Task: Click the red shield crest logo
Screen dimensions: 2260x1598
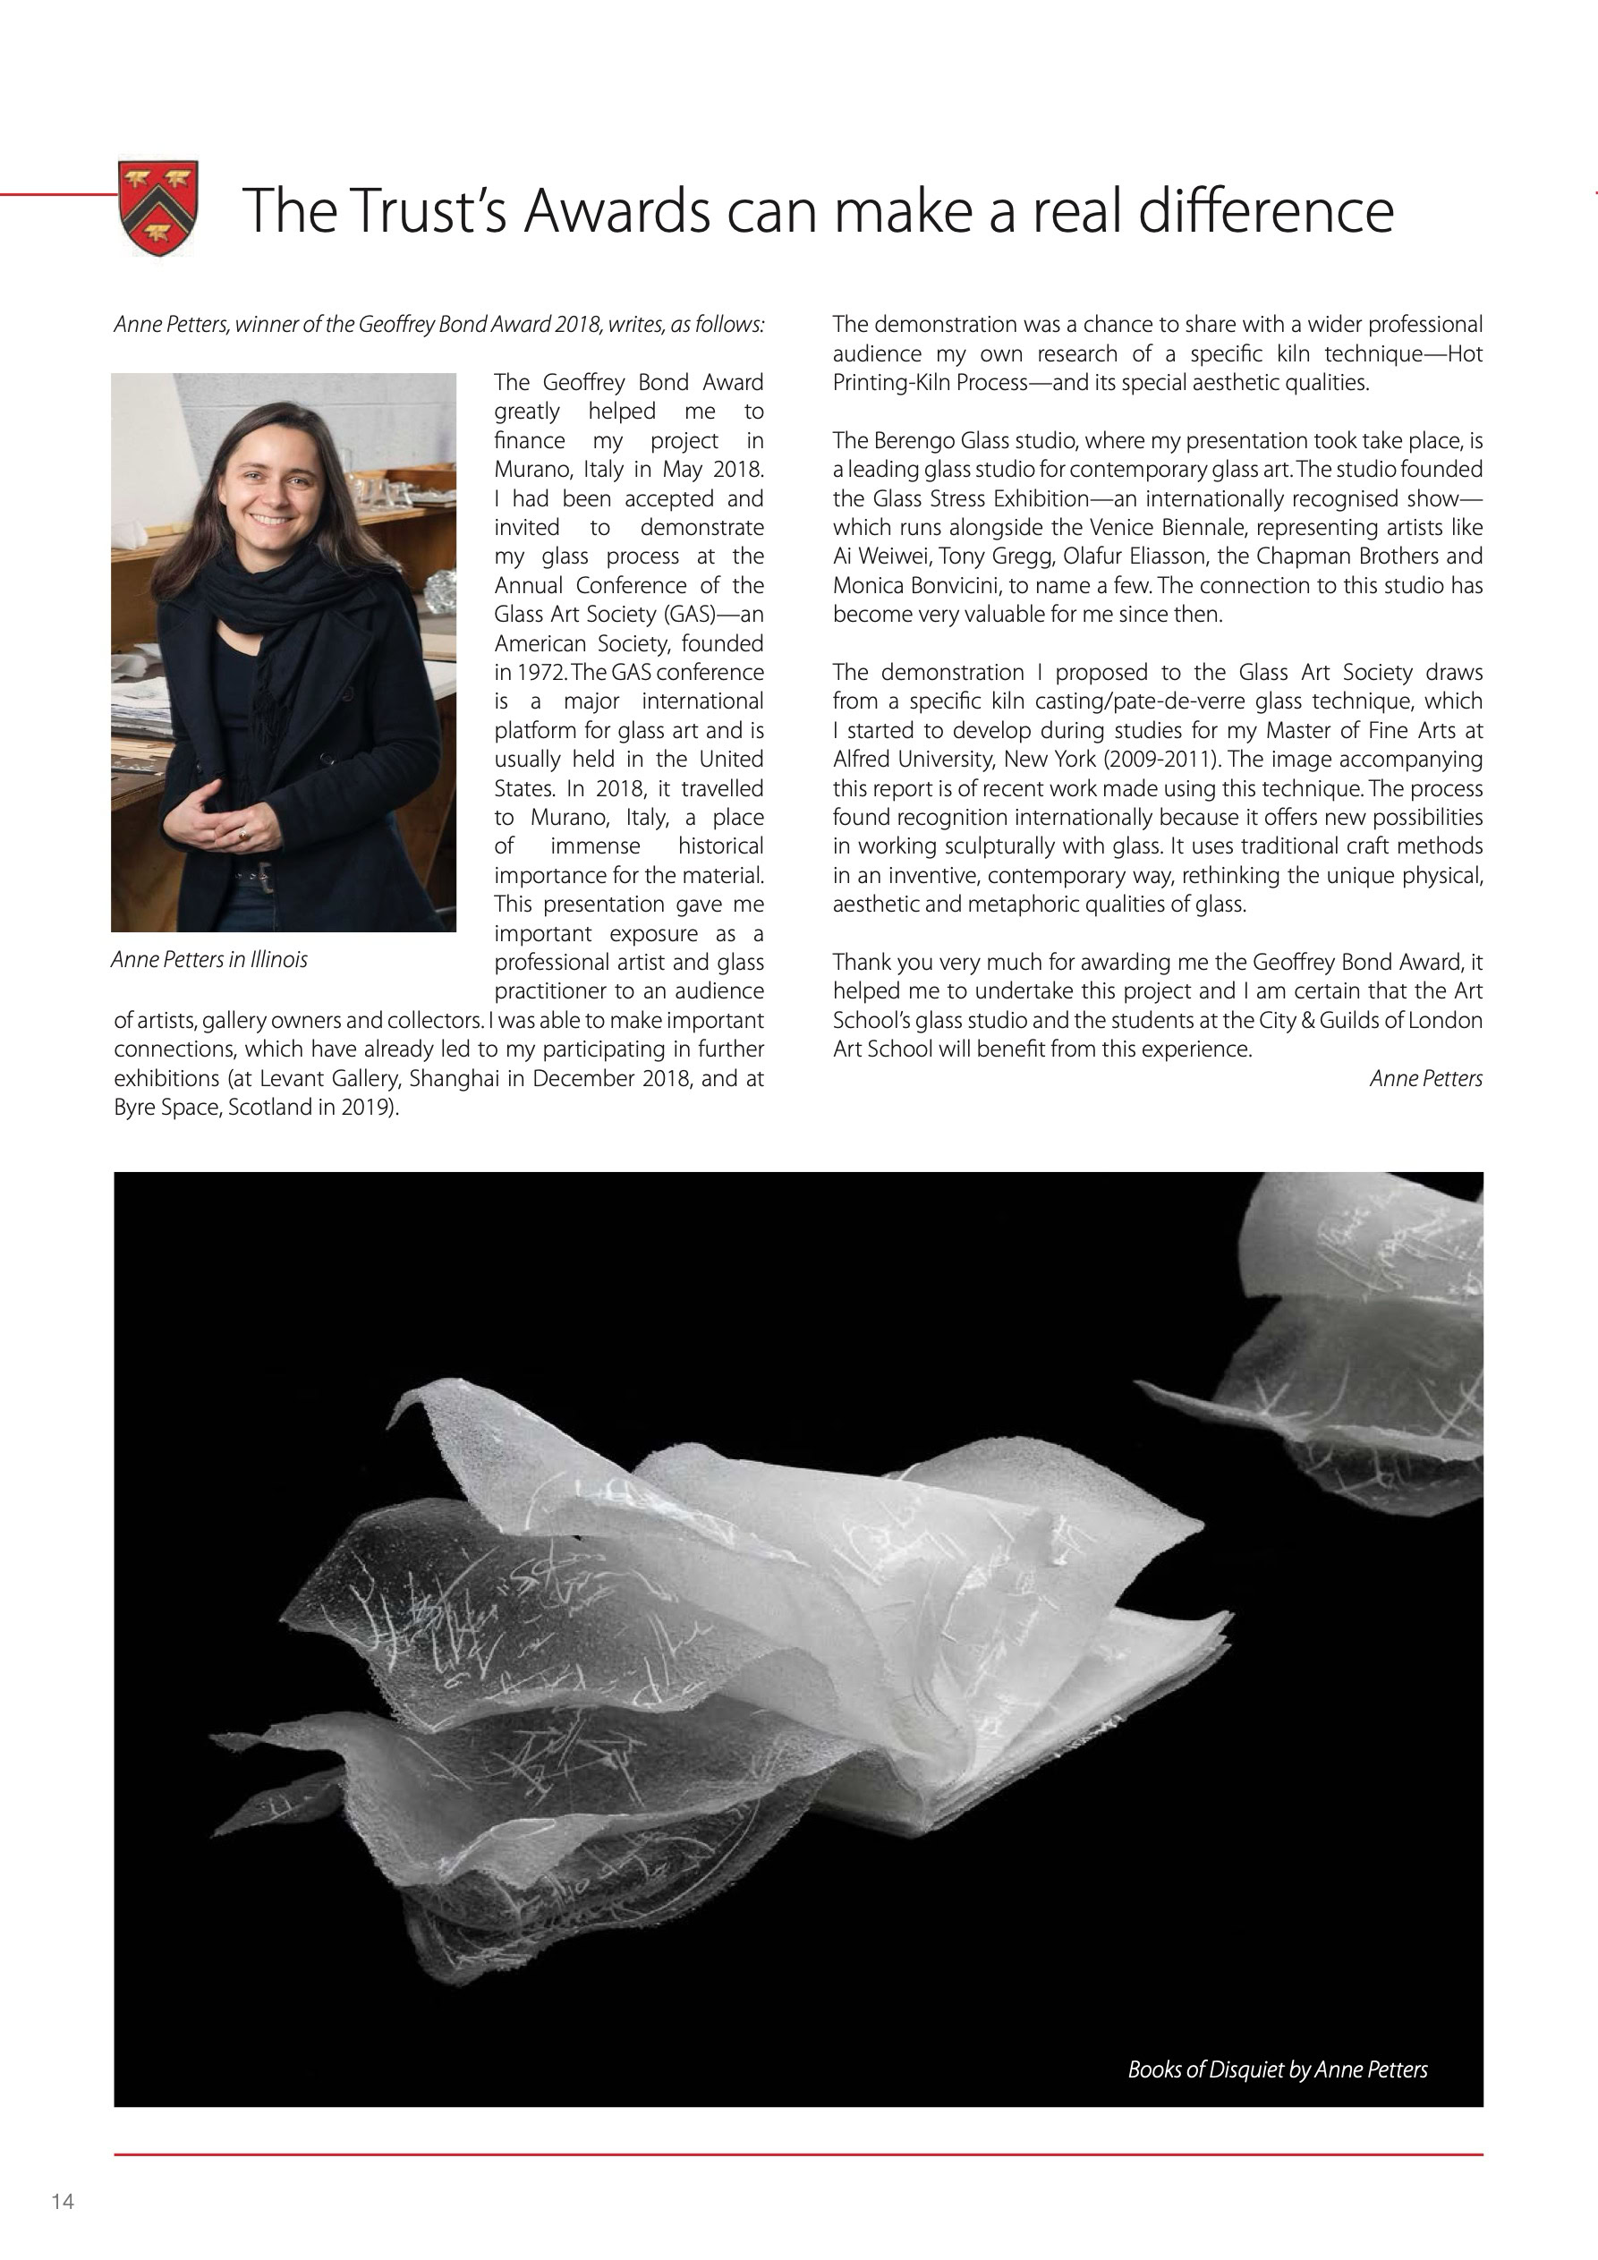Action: click(157, 208)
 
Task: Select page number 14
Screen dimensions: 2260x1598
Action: click(63, 2201)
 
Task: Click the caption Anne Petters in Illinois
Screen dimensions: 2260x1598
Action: click(208, 960)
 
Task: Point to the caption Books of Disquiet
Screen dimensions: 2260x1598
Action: click(1276, 2069)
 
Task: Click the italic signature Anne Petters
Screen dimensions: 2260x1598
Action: click(1424, 1079)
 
